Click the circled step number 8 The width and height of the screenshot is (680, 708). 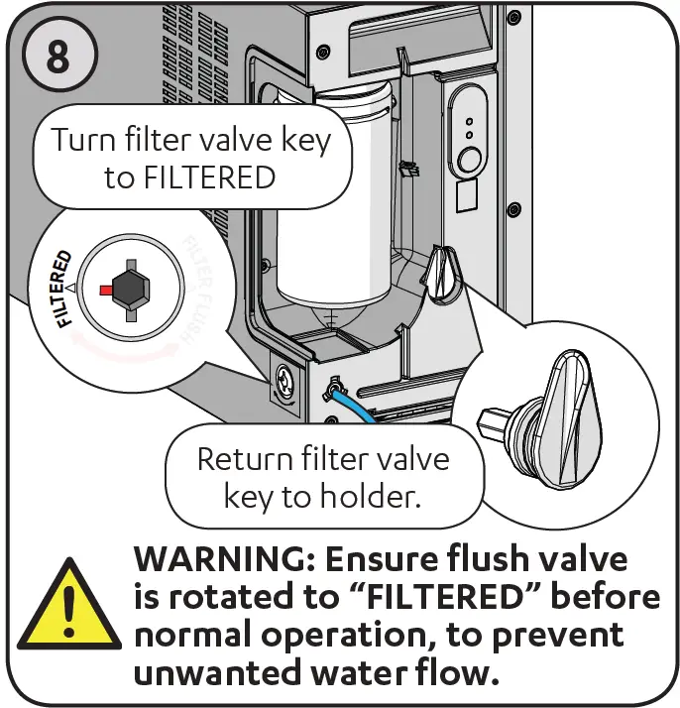tap(58, 57)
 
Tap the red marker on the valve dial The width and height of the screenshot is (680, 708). tap(104, 289)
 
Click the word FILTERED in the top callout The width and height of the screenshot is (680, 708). tap(209, 177)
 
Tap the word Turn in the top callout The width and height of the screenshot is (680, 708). tap(83, 140)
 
